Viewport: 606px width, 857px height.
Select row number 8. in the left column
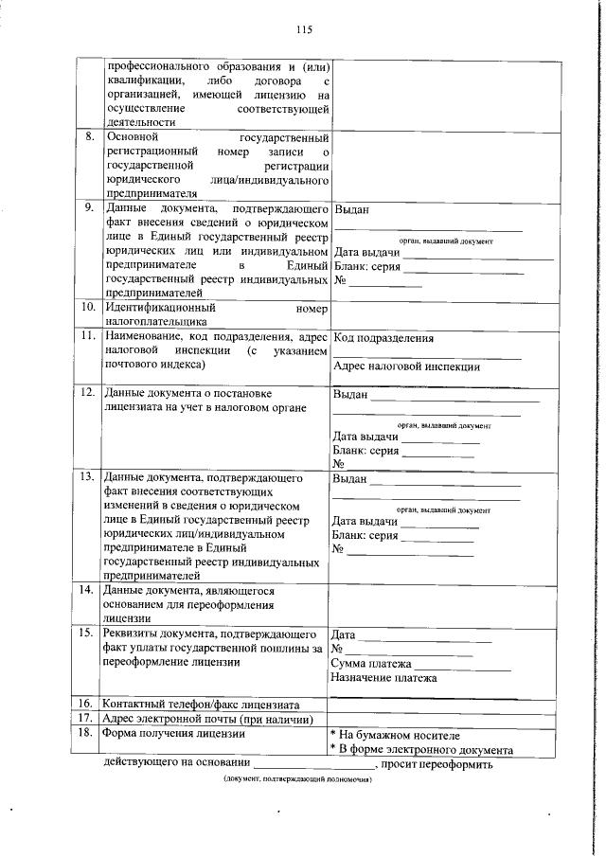coord(89,136)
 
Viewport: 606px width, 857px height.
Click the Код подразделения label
coord(383,338)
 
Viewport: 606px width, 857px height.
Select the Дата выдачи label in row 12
coord(365,436)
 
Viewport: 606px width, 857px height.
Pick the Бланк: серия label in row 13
coord(365,535)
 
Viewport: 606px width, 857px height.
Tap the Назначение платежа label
coord(383,678)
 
